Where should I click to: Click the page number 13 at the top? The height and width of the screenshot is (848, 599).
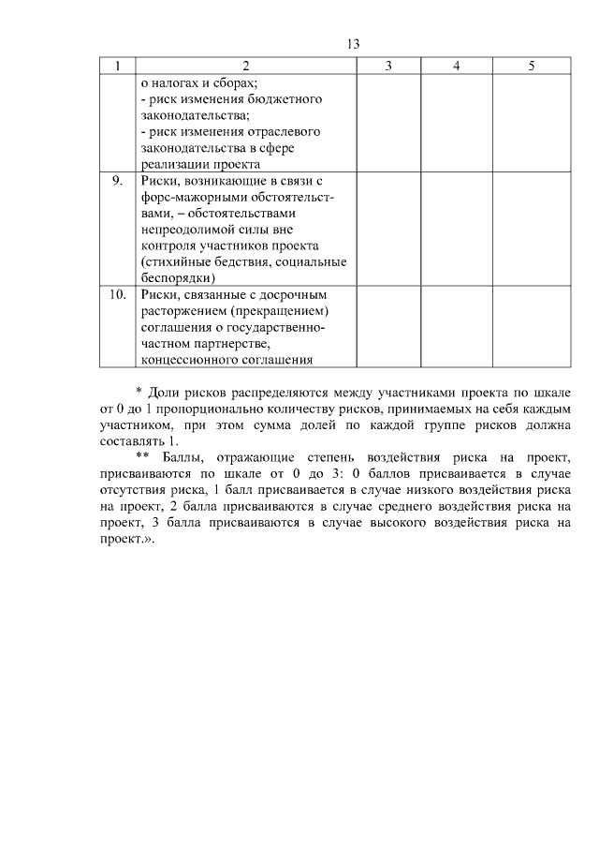click(353, 44)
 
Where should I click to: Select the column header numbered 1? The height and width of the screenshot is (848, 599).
click(117, 66)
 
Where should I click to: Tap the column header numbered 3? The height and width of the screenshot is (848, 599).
click(387, 66)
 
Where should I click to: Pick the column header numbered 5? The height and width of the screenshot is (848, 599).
click(532, 66)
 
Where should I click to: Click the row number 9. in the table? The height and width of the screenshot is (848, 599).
click(117, 180)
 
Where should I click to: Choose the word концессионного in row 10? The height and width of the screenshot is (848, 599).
click(191, 359)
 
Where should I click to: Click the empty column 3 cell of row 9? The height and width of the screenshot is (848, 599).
click(387, 228)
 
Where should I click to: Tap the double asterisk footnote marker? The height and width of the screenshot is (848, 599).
click(142, 457)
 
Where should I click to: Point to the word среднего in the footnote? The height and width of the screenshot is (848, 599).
click(393, 506)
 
